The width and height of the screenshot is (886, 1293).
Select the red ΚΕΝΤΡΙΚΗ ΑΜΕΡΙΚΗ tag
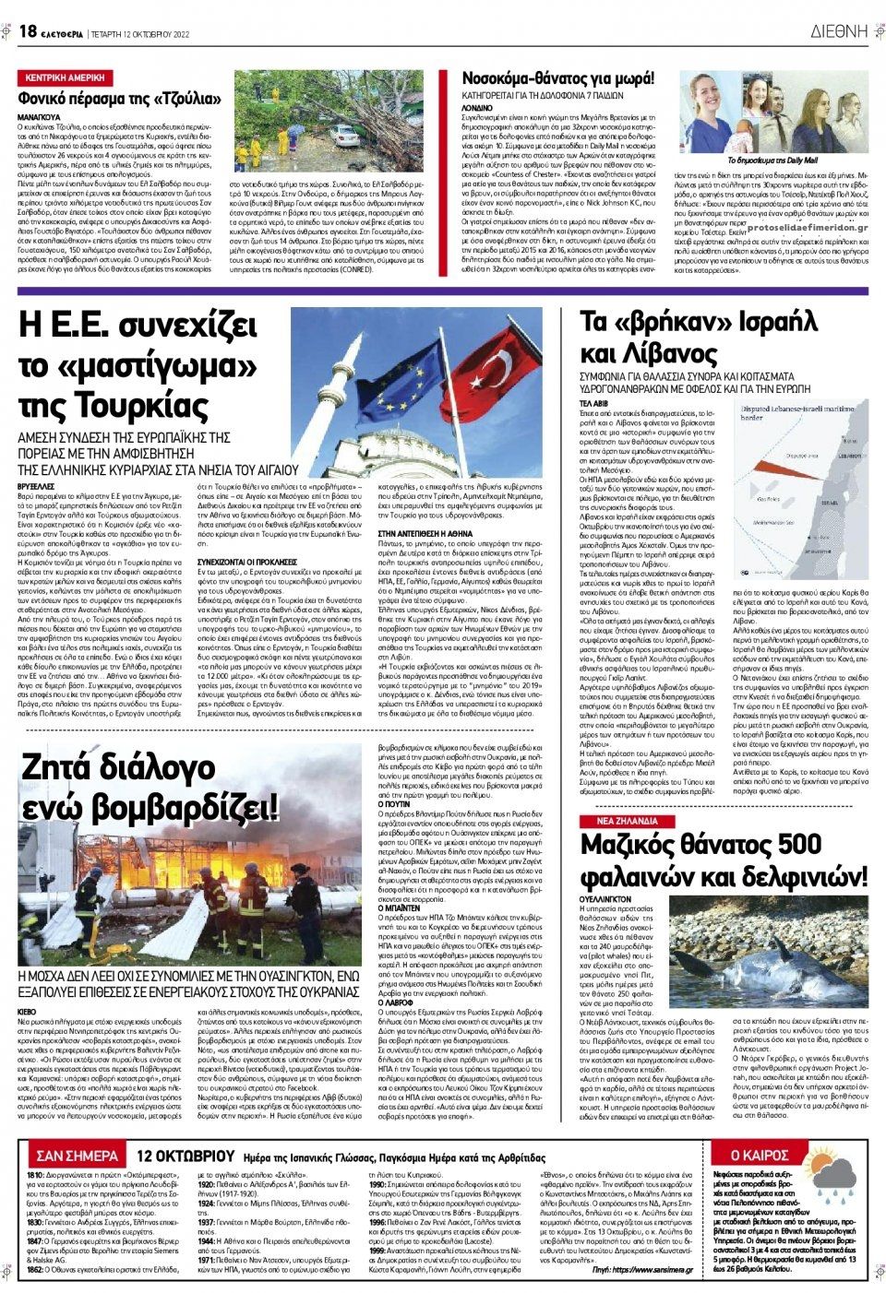65,78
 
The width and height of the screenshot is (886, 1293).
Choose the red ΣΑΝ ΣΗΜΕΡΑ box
77,1156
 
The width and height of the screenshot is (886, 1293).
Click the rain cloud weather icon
835,1178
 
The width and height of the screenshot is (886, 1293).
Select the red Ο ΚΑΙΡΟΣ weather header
759,1155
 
